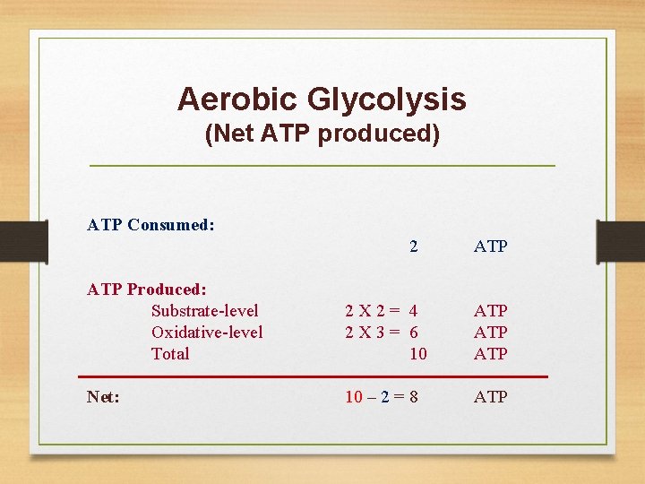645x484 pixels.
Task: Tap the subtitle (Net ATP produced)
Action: click(322, 134)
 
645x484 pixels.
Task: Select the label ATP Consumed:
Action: click(150, 225)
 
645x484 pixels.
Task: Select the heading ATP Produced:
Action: click(147, 290)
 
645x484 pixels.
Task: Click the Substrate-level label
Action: click(204, 311)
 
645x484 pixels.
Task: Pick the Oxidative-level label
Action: click(207, 333)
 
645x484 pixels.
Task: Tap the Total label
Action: click(170, 354)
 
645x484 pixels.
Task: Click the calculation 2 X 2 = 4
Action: click(382, 311)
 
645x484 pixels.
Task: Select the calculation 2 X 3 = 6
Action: click(382, 333)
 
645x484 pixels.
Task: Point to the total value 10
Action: click(417, 354)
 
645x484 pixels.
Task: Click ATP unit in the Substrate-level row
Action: click(490, 311)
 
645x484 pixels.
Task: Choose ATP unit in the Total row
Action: click(490, 354)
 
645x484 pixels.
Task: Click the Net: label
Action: click(104, 396)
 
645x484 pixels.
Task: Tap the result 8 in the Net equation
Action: click(413, 396)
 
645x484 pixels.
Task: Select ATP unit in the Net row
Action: click(490, 396)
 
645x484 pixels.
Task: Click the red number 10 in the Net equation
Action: click(354, 396)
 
